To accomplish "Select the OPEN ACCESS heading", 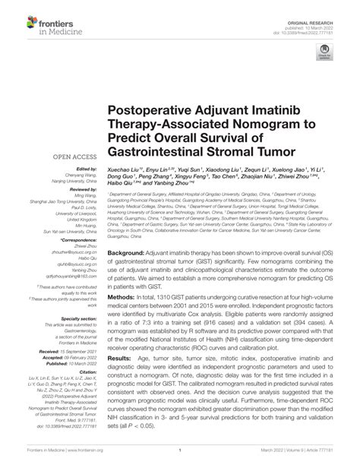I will pos(73,158).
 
